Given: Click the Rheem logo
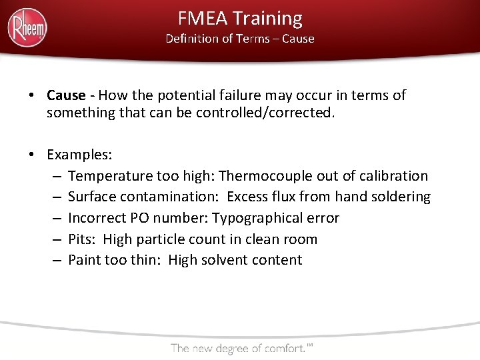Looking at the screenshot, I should (x=27, y=27).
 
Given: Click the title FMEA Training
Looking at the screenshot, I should (x=240, y=18).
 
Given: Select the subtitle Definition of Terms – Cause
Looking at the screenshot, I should (x=240, y=39).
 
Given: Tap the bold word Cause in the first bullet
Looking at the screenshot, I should (x=66, y=95).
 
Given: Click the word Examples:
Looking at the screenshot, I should (x=79, y=155).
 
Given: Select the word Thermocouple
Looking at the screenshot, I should (x=259, y=176).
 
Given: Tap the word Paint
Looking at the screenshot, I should (x=85, y=260).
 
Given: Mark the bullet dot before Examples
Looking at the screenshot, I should (x=32, y=155).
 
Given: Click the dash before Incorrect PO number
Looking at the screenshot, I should (x=55, y=218).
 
